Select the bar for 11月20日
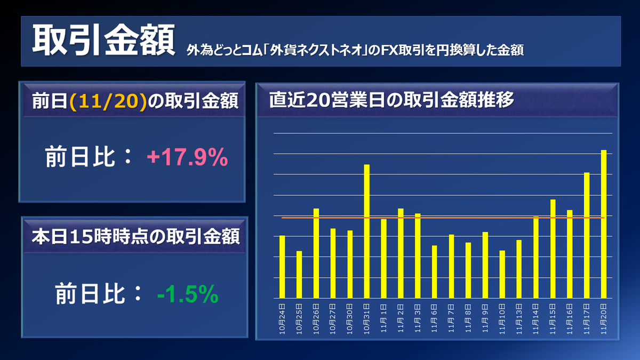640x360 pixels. point(604,224)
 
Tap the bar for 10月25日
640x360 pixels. point(299,274)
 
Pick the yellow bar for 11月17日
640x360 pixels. point(587,235)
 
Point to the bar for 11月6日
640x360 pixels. point(434,271)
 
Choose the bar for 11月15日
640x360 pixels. point(553,249)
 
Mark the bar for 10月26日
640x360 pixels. point(316,253)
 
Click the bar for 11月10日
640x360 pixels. point(502,274)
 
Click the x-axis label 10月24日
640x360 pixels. point(282,319)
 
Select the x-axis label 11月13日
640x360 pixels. point(519,319)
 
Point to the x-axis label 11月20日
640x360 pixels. point(604,319)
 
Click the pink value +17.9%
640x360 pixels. point(187,158)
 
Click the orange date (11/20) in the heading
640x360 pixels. point(108,101)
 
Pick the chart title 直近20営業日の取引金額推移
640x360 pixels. point(391,101)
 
